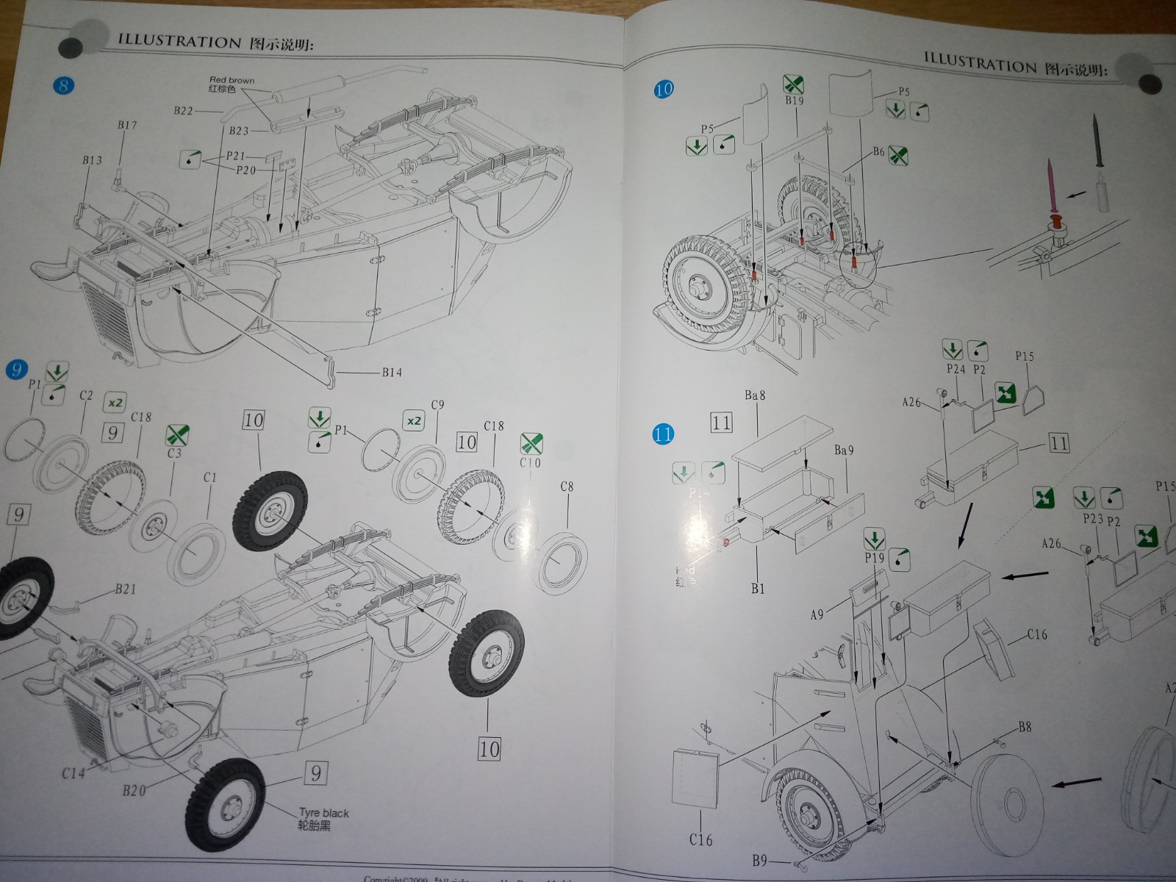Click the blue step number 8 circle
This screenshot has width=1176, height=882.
(63, 86)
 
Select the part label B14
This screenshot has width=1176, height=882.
(391, 373)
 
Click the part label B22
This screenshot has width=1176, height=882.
(183, 111)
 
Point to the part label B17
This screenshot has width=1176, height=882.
(127, 126)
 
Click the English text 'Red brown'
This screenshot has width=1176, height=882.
(232, 80)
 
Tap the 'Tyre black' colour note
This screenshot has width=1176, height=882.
(323, 813)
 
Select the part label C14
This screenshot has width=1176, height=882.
(74, 772)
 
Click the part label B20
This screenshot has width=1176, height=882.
(134, 791)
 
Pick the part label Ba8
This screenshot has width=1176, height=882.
(755, 395)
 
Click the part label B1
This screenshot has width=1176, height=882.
(758, 588)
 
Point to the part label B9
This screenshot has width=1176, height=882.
(760, 860)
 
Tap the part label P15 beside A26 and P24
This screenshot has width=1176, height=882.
(1024, 356)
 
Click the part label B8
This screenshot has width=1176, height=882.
(1025, 727)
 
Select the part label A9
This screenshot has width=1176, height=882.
(817, 614)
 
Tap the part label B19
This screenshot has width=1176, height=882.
(794, 101)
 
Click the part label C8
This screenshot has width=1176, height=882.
(567, 487)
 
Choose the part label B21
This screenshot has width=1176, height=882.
(126, 589)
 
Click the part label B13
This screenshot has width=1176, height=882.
(92, 160)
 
